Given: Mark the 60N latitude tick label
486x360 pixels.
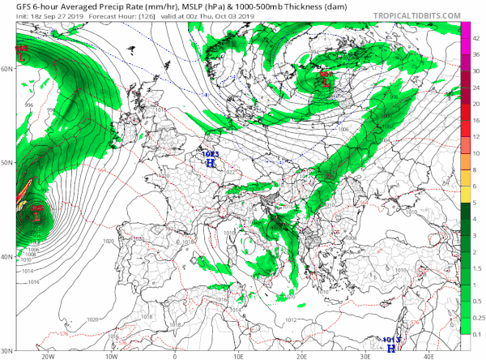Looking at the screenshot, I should click(x=7, y=70).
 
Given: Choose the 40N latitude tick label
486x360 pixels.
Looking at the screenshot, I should click(x=7, y=257).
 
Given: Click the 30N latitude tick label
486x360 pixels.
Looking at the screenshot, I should click(x=7, y=350).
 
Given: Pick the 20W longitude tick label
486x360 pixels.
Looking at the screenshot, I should click(x=47, y=355).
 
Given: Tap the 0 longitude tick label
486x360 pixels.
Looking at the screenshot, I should click(x=175, y=355).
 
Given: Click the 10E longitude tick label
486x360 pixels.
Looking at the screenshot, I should click(x=239, y=355).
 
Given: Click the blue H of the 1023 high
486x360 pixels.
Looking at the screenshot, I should click(x=211, y=162).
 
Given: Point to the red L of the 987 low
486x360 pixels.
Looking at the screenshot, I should click(x=327, y=82).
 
